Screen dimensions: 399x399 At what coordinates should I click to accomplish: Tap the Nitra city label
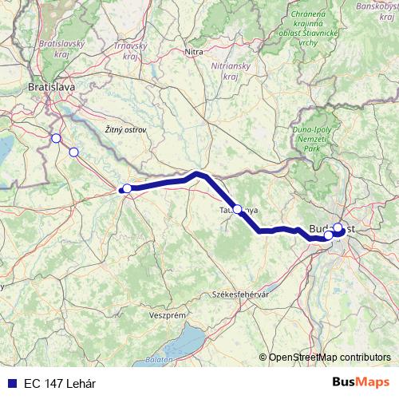pyautogui.click(x=194, y=52)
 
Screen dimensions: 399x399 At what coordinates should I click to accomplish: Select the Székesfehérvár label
pyautogui.click(x=239, y=294)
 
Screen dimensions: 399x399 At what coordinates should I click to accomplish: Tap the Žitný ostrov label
pyautogui.click(x=126, y=128)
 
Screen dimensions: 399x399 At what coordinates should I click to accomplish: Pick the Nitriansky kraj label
pyautogui.click(x=228, y=69)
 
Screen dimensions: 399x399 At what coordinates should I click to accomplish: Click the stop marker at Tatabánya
pyautogui.click(x=237, y=209)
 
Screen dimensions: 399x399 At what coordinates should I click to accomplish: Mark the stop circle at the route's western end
pyautogui.click(x=127, y=188)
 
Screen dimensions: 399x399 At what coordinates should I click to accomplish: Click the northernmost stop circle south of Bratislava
pyautogui.click(x=56, y=138)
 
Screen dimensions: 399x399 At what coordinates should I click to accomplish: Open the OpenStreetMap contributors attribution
pyautogui.click(x=330, y=358)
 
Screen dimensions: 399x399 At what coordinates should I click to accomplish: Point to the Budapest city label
pyautogui.click(x=331, y=228)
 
